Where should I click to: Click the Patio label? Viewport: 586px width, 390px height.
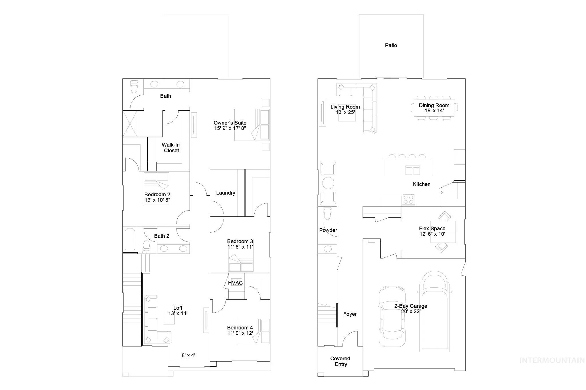coord(391,45)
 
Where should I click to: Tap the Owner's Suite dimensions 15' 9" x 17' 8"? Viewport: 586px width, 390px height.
coord(230,128)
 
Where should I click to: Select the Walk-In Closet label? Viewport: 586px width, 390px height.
coord(171,148)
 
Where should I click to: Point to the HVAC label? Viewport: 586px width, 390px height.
coord(235,283)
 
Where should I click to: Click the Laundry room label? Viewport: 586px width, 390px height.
coord(226,193)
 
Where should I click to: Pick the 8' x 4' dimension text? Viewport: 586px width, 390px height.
coord(189,355)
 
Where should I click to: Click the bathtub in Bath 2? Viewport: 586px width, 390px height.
coord(130,239)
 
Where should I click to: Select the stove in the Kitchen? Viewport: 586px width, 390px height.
coord(408,199)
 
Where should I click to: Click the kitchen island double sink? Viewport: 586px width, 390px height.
coord(412,170)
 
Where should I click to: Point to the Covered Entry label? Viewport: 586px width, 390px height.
coord(340,361)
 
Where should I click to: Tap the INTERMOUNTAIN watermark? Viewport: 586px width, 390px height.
coord(552,360)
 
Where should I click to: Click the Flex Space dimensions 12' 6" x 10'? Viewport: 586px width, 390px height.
coord(432,234)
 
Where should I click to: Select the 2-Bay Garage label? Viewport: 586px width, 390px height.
coord(411,306)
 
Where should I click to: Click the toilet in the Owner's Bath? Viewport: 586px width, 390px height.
coord(134,86)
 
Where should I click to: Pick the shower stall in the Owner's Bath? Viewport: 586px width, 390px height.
coord(130,124)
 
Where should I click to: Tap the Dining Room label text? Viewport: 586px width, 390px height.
coord(434,105)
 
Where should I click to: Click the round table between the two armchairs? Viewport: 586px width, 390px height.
coord(328,183)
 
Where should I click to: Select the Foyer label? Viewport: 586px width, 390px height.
coord(350,314)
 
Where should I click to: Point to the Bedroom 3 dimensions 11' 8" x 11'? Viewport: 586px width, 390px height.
coord(240,247)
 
